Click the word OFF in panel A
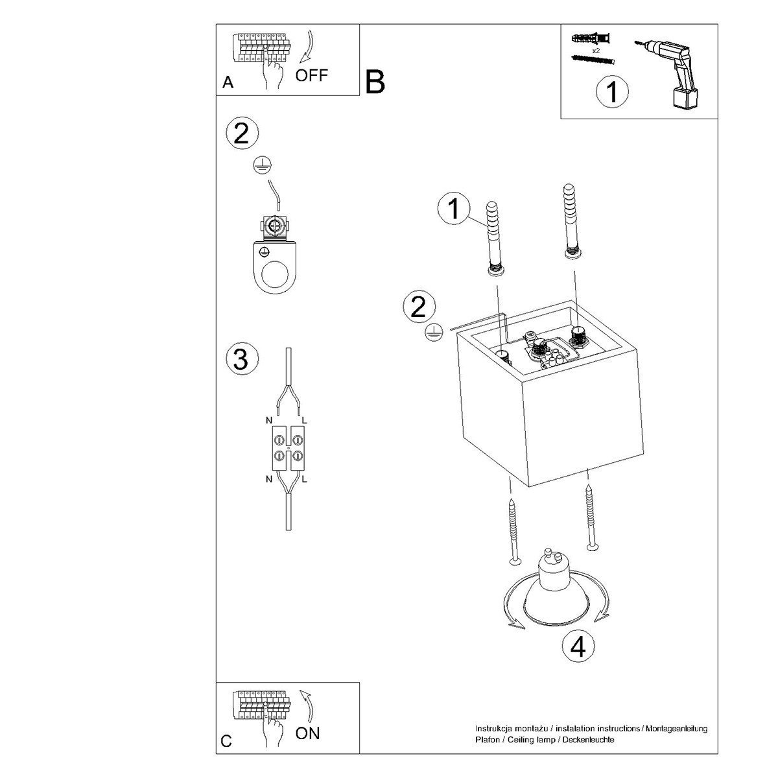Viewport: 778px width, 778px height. tap(312, 75)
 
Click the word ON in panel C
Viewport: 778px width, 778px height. tap(307, 733)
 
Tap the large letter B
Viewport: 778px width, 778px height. tap(375, 82)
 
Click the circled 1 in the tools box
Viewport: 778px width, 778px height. tap(611, 91)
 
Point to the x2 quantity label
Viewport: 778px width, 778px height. tap(596, 49)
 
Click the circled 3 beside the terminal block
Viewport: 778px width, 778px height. tap(241, 359)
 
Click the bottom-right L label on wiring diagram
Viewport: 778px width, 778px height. tap(305, 480)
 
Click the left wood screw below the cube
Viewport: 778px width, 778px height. tap(513, 532)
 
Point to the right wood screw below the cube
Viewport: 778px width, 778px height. tap(591, 519)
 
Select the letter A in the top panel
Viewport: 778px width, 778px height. tap(228, 82)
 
